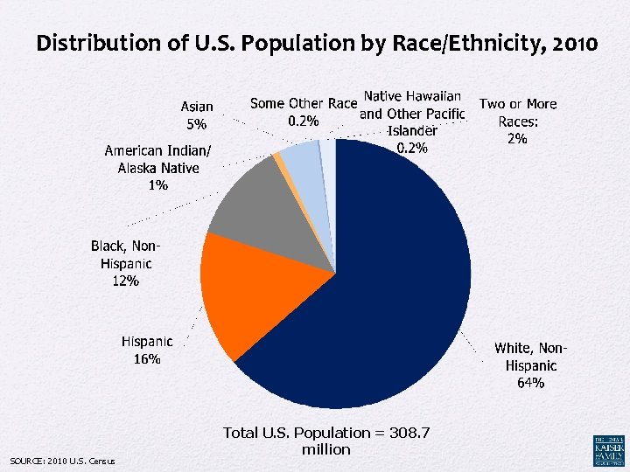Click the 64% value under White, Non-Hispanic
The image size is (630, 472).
click(530, 383)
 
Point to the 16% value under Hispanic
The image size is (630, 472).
click(146, 358)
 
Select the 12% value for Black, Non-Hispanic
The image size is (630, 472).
click(125, 281)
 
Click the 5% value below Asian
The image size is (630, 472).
click(196, 124)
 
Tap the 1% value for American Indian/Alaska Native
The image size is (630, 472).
click(158, 184)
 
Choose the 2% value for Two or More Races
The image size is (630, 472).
click(517, 138)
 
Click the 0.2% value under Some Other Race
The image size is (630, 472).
click(304, 120)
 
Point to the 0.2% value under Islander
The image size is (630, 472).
click(412, 148)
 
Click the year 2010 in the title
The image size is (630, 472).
click(573, 42)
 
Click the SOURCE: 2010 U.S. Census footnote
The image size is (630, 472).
click(61, 461)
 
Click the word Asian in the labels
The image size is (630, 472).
click(196, 107)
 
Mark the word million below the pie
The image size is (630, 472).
click(325, 449)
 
